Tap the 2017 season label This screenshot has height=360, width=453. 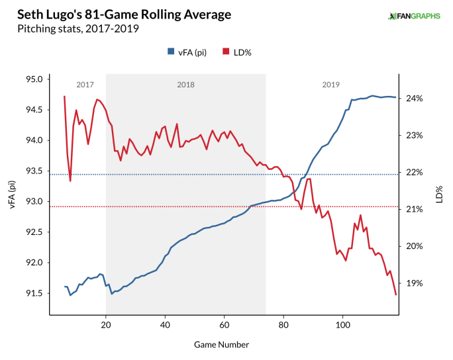click(85, 85)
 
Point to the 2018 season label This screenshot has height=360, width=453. click(185, 85)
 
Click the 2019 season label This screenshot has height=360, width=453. click(331, 85)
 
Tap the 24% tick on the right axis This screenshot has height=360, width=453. click(415, 99)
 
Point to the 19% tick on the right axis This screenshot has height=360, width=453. click(415, 283)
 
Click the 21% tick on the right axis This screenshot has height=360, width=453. click(415, 210)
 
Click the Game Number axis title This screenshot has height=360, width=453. click(222, 345)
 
